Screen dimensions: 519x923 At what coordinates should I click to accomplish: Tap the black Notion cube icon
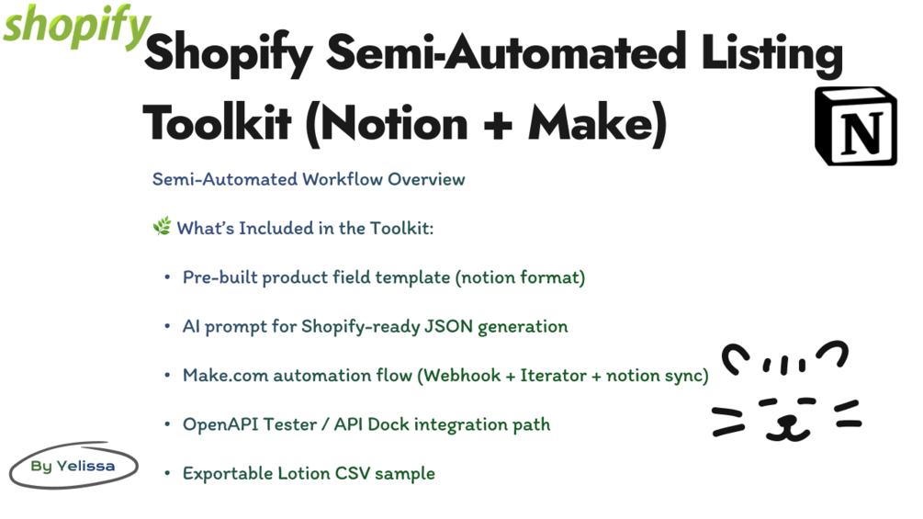(x=856, y=127)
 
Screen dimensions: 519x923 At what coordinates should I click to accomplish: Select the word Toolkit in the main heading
(x=217, y=122)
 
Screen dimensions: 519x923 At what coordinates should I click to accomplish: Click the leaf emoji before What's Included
(x=162, y=227)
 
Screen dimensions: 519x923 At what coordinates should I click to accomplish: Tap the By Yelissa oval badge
(x=73, y=466)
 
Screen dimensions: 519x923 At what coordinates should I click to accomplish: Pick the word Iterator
(x=557, y=375)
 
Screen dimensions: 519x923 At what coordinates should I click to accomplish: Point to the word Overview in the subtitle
(x=426, y=179)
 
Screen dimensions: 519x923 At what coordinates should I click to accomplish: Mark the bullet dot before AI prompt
(x=167, y=326)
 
